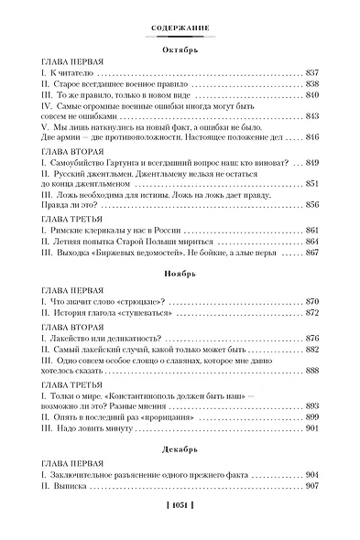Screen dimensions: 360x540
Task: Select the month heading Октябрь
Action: pos(180,52)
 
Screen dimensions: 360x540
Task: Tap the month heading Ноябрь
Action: pos(180,274)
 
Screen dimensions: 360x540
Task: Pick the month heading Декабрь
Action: pos(180,450)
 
